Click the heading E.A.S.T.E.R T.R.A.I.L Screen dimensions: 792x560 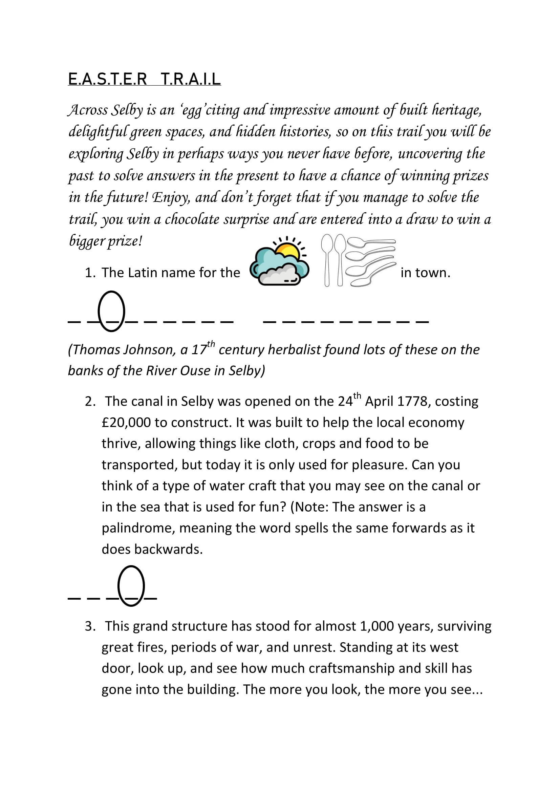[x=144, y=79]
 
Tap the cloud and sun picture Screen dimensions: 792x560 [x=279, y=262]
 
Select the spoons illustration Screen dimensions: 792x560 [x=359, y=261]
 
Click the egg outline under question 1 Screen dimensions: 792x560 [x=111, y=311]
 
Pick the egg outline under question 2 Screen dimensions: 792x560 [x=131, y=586]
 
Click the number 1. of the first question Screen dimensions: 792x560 [x=90, y=273]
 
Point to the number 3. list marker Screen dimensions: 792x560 [x=90, y=626]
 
